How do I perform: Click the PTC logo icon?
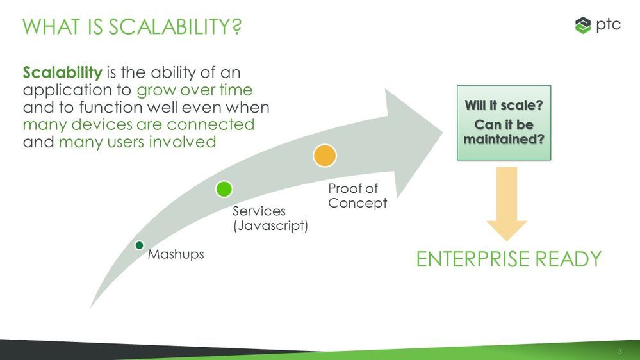[x=583, y=26]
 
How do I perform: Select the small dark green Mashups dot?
[x=139, y=245]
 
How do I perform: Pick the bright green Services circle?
[x=224, y=189]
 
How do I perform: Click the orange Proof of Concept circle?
[x=325, y=156]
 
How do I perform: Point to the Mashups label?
[x=176, y=254]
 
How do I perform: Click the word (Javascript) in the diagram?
[x=270, y=225]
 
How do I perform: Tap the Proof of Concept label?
[x=357, y=196]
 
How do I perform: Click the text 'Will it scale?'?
[x=504, y=106]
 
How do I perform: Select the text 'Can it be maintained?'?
[x=504, y=131]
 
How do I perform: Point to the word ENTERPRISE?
[x=477, y=259]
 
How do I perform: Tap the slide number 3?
[x=619, y=352]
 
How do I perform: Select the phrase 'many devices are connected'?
[x=138, y=124]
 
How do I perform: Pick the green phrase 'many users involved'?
[x=137, y=142]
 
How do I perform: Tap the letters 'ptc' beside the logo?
[x=608, y=25]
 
